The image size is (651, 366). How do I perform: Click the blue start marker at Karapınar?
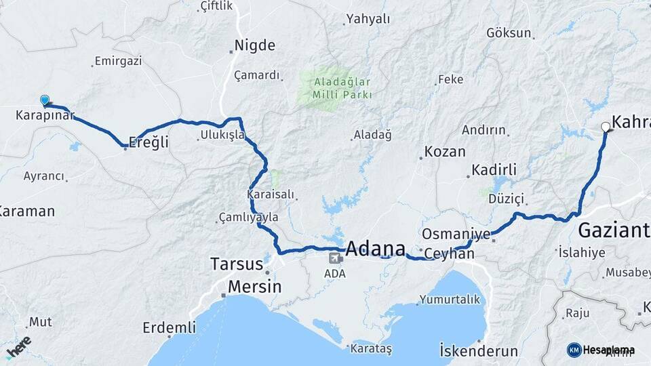[45, 101]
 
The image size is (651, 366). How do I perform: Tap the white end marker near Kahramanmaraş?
[606, 126]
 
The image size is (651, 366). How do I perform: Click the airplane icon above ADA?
[335, 258]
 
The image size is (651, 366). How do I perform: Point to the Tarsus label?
[236, 264]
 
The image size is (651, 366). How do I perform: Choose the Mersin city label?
[254, 287]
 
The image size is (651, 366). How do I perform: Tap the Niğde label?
[254, 46]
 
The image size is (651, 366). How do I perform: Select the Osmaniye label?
[456, 234]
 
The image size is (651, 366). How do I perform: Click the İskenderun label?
[479, 352]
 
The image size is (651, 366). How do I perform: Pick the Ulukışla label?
[222, 136]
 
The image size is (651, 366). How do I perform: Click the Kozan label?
[445, 152]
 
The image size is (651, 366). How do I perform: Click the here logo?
[18, 346]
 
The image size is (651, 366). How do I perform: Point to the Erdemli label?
[169, 328]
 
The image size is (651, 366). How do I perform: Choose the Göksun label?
[509, 33]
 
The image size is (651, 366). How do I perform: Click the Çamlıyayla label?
[248, 218]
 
